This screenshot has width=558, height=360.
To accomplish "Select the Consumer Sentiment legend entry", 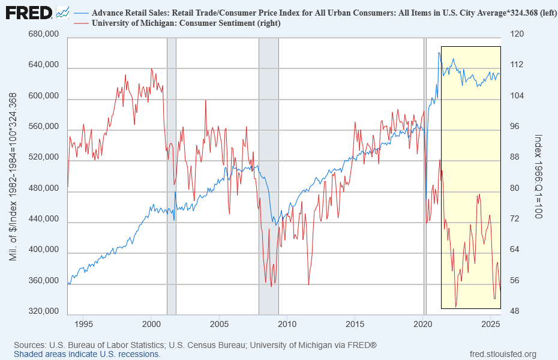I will (186, 23).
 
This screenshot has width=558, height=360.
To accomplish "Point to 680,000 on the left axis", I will (43, 35).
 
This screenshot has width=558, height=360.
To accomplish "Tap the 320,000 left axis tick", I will (43, 312).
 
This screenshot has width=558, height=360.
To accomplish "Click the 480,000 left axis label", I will (43, 189).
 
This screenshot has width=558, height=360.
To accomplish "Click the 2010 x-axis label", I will (287, 325).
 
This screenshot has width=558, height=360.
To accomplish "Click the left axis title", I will (13, 174).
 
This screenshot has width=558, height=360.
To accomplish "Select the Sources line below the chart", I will (195, 345).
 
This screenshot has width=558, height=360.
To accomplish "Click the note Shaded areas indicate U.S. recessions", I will (87, 354).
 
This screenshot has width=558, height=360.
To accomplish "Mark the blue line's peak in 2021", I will (439, 53).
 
